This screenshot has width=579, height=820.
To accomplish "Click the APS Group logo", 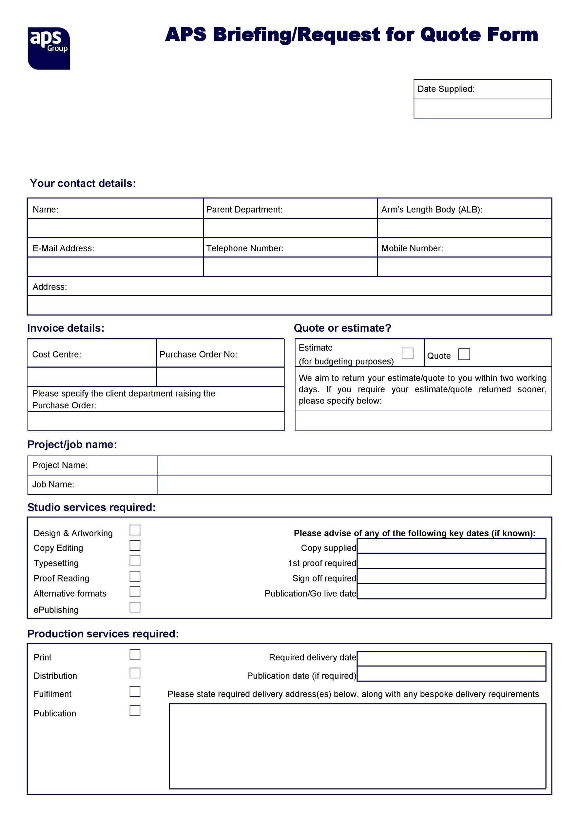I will tap(48, 48).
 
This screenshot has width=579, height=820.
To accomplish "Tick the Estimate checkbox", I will tap(407, 353).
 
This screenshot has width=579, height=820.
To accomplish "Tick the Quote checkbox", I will tap(464, 354).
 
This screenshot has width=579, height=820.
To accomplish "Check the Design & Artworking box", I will tap(135, 530).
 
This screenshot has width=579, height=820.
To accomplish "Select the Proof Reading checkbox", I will tap(135, 576).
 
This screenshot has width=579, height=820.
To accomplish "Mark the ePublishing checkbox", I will tap(135, 607).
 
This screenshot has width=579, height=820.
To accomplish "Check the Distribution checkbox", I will tap(135, 673).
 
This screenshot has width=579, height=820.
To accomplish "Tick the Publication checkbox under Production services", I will tap(135, 710).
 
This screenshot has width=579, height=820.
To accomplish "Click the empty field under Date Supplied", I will tap(482, 109).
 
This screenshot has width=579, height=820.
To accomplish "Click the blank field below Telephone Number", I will tap(290, 266).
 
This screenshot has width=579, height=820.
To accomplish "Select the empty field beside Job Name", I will tap(354, 485).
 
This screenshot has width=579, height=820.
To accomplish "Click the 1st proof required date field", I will tap(451, 561).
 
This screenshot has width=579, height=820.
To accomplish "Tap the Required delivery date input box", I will tap(451, 658).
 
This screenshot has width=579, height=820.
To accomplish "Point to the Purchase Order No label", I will tap(198, 354).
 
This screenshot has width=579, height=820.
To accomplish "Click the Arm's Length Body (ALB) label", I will tap(432, 209).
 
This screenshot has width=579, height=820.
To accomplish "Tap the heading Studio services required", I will tap(91, 507).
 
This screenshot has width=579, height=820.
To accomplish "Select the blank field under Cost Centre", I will tap(92, 377).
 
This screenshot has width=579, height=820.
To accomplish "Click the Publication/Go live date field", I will tap(451, 591).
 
